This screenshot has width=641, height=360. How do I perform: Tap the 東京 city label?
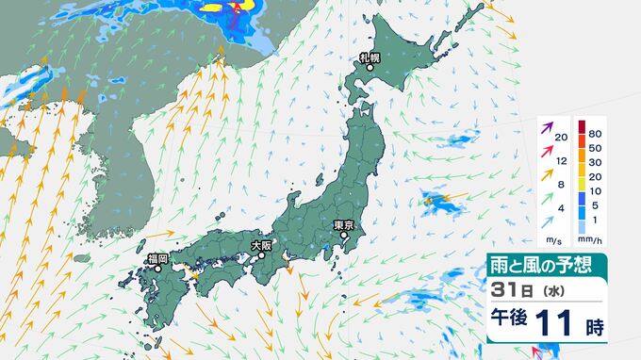point(344,225)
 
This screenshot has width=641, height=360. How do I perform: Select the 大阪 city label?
point(261,244)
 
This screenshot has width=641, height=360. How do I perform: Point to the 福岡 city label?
point(157,257)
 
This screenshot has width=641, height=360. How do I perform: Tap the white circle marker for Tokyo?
point(345,237)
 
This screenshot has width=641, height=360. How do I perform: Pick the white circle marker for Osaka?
point(261,254)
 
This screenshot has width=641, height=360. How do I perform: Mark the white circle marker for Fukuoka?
point(158,269)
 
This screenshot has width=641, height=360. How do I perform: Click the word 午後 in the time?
point(510,327)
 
